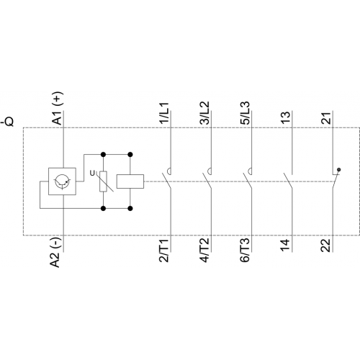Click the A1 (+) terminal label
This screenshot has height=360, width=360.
[57, 108]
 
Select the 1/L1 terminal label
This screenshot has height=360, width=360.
[165, 113]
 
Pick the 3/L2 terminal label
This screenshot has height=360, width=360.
[204, 113]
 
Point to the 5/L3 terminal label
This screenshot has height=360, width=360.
[245, 113]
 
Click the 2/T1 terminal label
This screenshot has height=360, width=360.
[165, 251]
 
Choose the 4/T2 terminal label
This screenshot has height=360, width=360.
[204, 251]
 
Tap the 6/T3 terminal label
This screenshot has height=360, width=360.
[245, 251]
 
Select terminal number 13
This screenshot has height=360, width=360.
[286, 118]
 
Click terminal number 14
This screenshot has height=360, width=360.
[286, 246]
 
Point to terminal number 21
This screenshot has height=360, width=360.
[326, 118]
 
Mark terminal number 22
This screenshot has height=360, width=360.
[326, 246]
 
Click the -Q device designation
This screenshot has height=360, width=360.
[8, 122]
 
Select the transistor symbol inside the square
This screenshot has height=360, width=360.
[62, 181]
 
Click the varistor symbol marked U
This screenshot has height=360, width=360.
[104, 181]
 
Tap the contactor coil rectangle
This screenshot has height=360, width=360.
[130, 181]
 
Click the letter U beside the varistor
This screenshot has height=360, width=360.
[92, 174]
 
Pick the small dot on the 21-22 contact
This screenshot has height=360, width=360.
[339, 170]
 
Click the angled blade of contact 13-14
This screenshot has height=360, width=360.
[288, 181]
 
